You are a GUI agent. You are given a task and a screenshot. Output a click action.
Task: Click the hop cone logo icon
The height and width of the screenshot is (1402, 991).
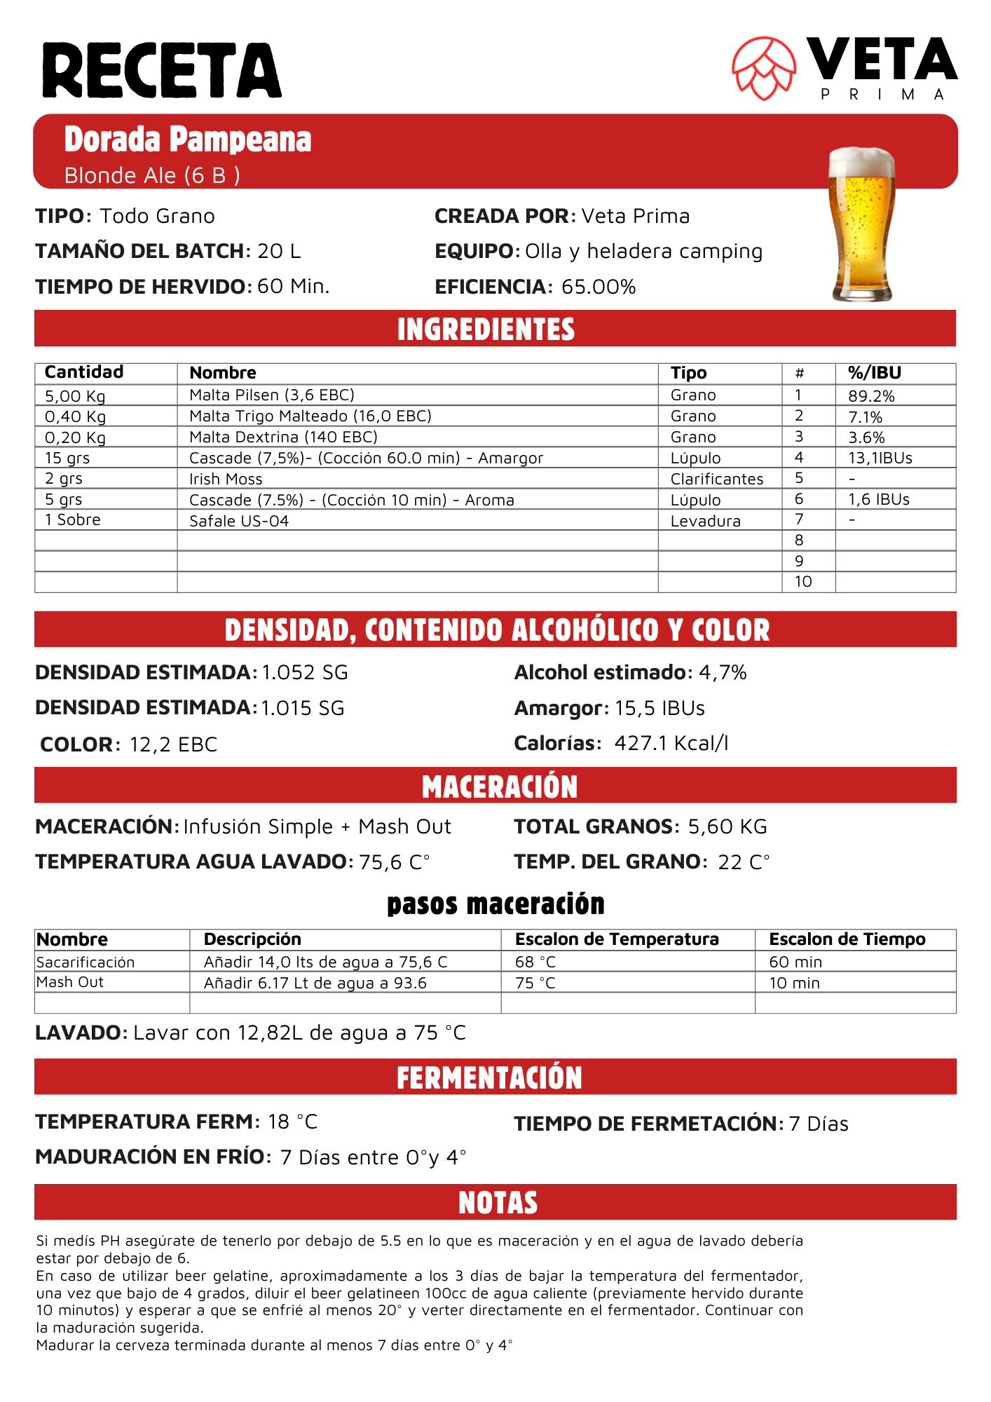764,68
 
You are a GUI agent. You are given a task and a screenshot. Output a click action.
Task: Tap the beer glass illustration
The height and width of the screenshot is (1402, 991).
862,224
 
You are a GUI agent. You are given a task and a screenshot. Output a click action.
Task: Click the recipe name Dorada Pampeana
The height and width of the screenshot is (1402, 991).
188,139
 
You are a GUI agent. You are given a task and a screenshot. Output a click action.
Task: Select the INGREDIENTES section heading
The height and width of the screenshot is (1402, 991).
486,329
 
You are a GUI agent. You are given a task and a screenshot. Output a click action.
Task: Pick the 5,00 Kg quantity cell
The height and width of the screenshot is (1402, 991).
75,396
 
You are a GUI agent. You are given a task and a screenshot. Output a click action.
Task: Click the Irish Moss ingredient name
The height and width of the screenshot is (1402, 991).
226,479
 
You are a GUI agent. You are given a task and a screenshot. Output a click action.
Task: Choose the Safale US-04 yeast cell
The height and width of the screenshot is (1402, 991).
239,521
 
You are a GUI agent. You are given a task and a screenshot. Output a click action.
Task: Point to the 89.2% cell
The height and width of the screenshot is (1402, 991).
871,396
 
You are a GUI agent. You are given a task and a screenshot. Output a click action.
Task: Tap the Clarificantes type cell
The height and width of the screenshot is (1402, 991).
716,479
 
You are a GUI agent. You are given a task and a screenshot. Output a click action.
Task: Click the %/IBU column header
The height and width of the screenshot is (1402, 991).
874,373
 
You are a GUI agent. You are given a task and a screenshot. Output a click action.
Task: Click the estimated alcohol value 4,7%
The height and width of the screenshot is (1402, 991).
723,672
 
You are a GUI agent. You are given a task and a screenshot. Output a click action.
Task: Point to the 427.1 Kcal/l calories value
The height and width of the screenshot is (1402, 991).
671,743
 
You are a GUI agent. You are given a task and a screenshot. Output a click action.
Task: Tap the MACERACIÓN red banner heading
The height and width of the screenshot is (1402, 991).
499,787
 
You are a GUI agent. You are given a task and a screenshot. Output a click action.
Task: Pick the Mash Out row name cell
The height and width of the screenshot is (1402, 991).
70,982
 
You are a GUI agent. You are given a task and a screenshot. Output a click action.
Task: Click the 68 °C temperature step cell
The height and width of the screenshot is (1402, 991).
535,962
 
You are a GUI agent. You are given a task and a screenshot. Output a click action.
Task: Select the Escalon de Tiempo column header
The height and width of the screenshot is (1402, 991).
847,939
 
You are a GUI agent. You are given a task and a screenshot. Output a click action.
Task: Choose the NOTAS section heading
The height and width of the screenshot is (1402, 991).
498,1203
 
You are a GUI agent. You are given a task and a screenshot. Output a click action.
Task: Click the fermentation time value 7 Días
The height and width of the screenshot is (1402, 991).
818,1124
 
